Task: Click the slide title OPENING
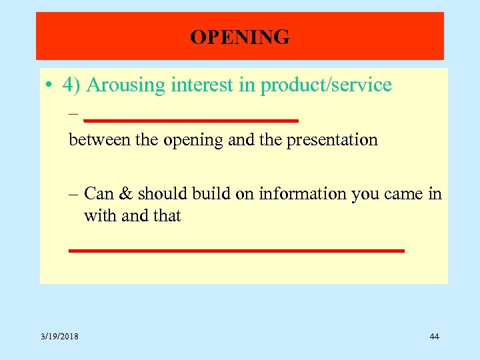240,37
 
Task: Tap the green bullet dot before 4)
49,86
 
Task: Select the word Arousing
126,86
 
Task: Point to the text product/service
326,85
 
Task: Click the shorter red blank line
191,121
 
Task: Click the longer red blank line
237,251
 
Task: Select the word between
93,140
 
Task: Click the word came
403,195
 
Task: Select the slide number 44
434,337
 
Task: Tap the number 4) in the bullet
72,86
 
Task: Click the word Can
99,194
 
